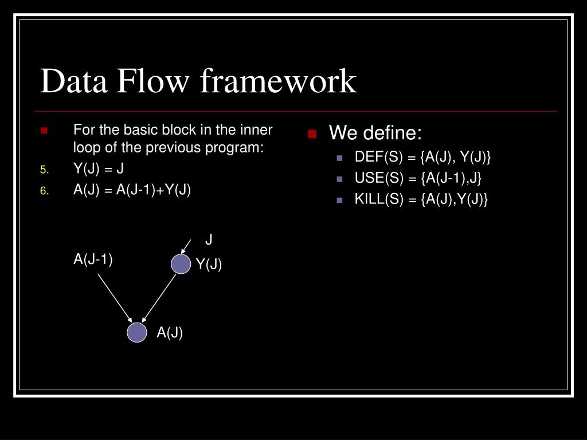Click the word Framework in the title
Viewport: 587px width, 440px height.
coord(279,81)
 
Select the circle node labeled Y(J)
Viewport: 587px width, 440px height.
coord(181,264)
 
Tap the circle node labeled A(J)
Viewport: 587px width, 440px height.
coord(137,332)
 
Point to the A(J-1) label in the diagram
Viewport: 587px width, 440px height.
coord(93,260)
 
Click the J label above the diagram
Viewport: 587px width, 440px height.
coord(209,239)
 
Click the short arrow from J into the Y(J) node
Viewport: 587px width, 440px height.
coord(186,246)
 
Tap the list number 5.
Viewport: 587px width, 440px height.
coord(45,170)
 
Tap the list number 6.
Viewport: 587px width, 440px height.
coord(45,191)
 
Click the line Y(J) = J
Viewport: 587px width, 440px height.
coord(99,169)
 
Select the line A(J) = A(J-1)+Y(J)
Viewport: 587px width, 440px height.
coord(132,190)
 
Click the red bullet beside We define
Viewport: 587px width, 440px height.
coord(312,135)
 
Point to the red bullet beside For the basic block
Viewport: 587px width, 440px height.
coord(44,131)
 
